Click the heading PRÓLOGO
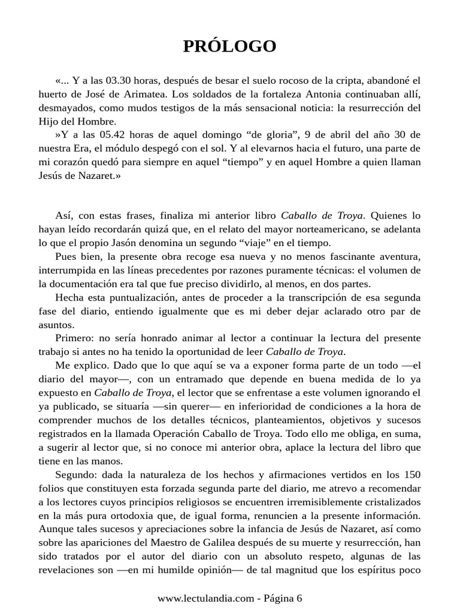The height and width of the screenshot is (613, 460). (229, 46)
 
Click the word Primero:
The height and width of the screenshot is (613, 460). (74, 338)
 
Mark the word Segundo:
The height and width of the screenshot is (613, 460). (76, 475)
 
